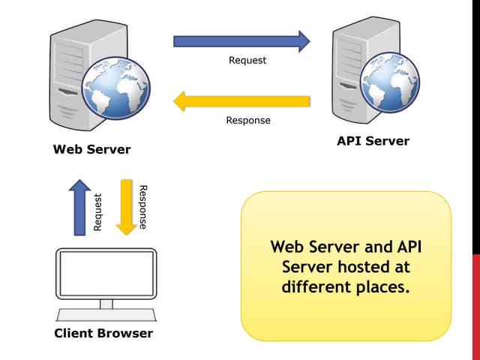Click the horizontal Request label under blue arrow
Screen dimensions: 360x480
point(247,60)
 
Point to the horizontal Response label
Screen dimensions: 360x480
point(248,120)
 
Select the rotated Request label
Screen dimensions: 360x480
point(97,211)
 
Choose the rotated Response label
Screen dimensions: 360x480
point(143,206)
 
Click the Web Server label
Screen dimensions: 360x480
point(91,149)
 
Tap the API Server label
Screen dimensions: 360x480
point(373,140)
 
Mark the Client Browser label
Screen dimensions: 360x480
point(103,333)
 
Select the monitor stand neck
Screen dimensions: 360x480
point(106,303)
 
